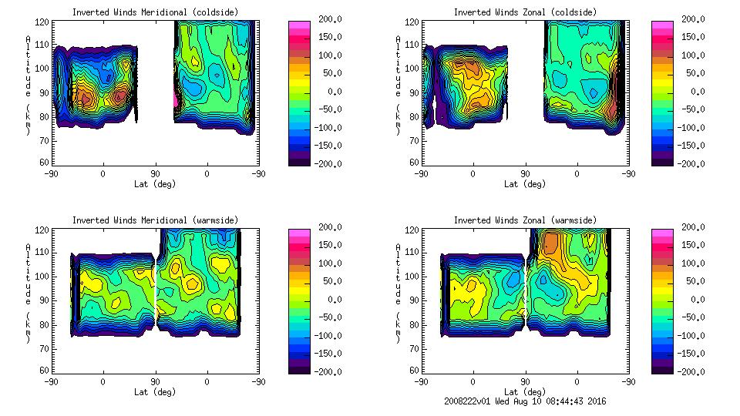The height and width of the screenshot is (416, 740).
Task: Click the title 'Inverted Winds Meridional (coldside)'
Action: tap(155, 12)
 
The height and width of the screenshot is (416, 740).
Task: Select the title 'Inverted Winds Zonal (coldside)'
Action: tap(525, 12)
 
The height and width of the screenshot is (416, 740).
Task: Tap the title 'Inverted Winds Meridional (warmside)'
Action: tap(155, 220)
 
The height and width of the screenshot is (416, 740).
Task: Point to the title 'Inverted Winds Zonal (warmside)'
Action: tap(525, 220)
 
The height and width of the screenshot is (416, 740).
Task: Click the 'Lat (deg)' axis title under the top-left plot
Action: tap(154, 183)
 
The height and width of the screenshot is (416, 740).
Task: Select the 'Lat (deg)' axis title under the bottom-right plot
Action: tap(524, 391)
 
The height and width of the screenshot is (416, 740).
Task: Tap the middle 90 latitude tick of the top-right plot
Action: tap(525, 173)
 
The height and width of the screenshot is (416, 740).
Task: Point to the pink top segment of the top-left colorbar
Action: tap(299, 25)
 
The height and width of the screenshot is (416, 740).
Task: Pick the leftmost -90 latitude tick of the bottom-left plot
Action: tap(51, 381)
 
